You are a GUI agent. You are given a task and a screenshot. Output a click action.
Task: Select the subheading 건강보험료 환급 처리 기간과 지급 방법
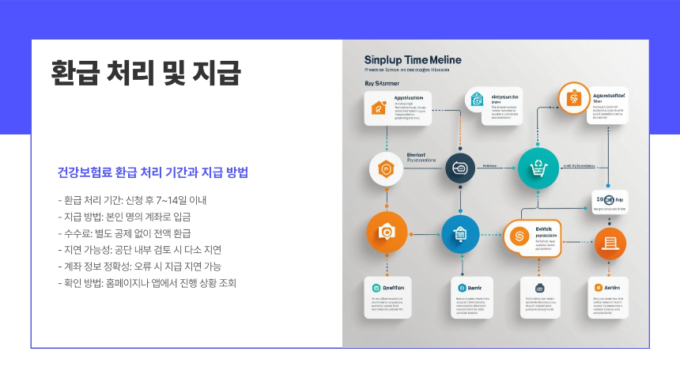(x=153, y=172)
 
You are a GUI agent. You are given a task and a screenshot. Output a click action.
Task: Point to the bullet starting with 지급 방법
(x=124, y=216)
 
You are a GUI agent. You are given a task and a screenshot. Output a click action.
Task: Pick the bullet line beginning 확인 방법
(x=147, y=282)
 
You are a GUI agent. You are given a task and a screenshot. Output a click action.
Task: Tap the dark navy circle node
(x=461, y=167)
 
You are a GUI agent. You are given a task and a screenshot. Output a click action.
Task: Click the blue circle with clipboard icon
(x=460, y=234)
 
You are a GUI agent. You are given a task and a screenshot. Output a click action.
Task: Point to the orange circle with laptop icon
(x=609, y=243)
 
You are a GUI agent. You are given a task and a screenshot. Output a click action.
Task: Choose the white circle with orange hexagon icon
(x=387, y=168)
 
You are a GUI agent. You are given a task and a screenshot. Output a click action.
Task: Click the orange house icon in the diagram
(x=378, y=109)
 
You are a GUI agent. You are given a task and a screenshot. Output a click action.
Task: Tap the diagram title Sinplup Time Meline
(x=413, y=60)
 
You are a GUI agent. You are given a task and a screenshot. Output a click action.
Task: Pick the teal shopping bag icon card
(x=477, y=100)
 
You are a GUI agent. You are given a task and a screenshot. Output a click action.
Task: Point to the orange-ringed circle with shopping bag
(x=574, y=99)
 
